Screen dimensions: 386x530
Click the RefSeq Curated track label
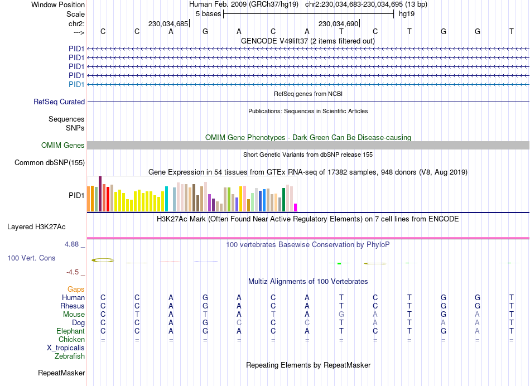[x=59, y=102]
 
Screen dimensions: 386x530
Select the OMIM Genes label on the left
[x=63, y=146]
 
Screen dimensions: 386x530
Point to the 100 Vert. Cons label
[x=31, y=258]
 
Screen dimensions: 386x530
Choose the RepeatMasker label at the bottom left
[x=61, y=373]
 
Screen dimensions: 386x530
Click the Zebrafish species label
[x=70, y=356]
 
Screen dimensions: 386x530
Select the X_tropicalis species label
[x=66, y=348]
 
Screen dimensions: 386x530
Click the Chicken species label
[x=71, y=339]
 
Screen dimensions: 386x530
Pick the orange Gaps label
[x=76, y=289]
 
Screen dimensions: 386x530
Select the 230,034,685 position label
[x=168, y=24]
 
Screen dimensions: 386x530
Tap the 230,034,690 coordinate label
[x=338, y=24]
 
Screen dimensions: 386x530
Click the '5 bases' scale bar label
[x=208, y=13]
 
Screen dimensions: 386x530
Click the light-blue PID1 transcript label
[x=76, y=84]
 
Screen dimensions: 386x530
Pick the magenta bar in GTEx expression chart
[x=296, y=208]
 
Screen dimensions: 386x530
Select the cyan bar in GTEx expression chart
[x=166, y=199]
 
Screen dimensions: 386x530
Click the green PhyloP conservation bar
[x=339, y=263]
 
